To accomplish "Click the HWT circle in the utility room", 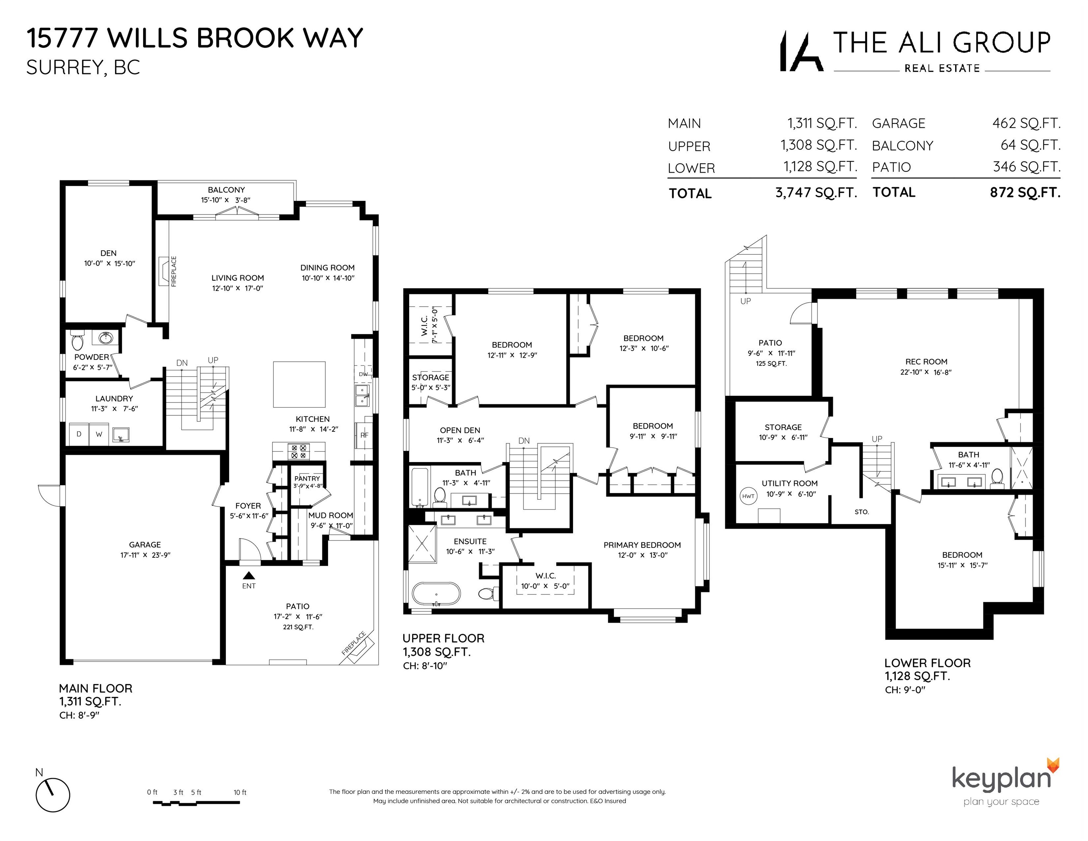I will click(748, 496).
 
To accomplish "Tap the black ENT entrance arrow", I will click(249, 575).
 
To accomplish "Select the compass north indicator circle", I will click(53, 795).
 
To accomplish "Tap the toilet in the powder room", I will click(77, 341).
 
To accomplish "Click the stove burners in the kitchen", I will click(299, 452).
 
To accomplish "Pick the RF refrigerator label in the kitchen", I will click(364, 435).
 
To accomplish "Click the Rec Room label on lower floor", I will click(926, 362).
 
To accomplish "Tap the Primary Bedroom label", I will click(642, 545).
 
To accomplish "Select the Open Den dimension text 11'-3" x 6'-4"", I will click(460, 441).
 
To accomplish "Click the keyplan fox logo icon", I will click(1053, 765).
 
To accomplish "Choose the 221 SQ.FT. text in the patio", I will click(298, 627).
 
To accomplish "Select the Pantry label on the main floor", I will click(307, 478).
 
